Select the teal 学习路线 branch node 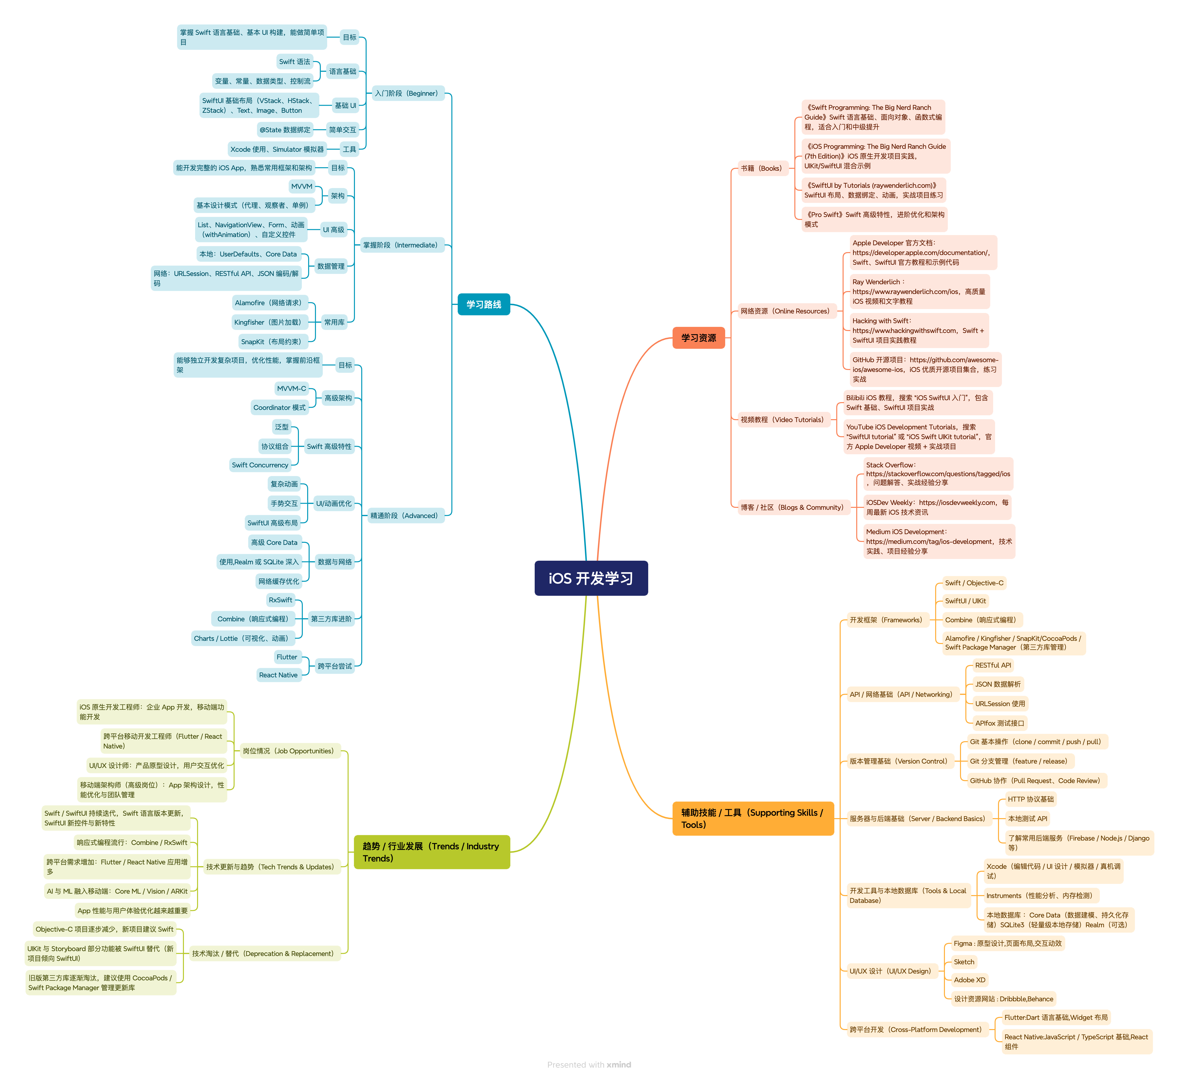(x=484, y=304)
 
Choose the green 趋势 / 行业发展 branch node (x=432, y=852)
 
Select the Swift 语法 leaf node (x=295, y=61)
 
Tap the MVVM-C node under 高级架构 (x=291, y=388)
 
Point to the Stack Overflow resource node (x=938, y=474)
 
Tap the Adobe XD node (x=970, y=980)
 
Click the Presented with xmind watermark (x=589, y=1064)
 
